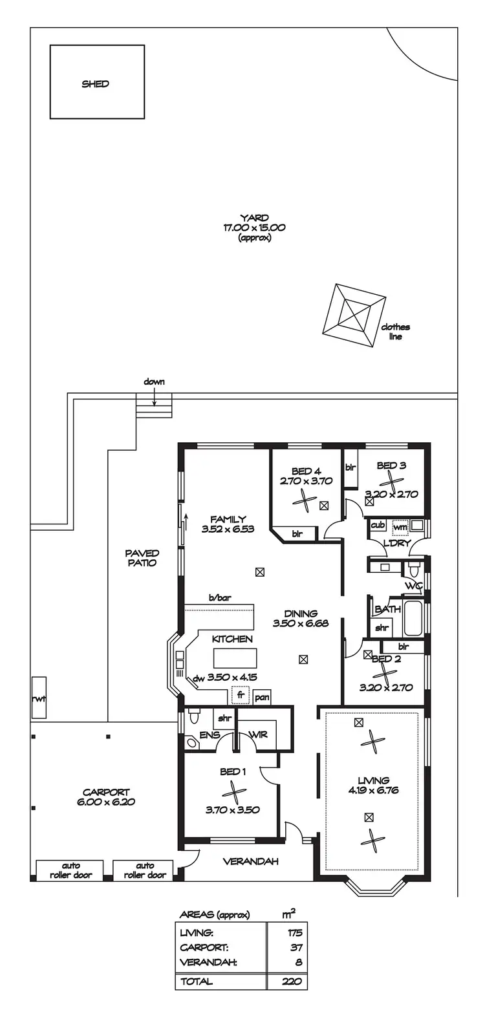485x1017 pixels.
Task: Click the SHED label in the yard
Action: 96,84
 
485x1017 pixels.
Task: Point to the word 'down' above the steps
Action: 154,382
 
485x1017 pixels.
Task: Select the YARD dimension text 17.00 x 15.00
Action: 254,228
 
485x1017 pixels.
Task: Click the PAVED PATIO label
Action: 142,558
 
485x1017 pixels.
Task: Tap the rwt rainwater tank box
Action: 39,698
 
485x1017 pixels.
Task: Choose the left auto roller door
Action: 70,870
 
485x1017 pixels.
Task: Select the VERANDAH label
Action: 250,862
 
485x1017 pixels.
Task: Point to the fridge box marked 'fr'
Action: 241,696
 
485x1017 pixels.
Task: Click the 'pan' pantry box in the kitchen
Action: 262,698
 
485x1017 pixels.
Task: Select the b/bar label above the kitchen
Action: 219,599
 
